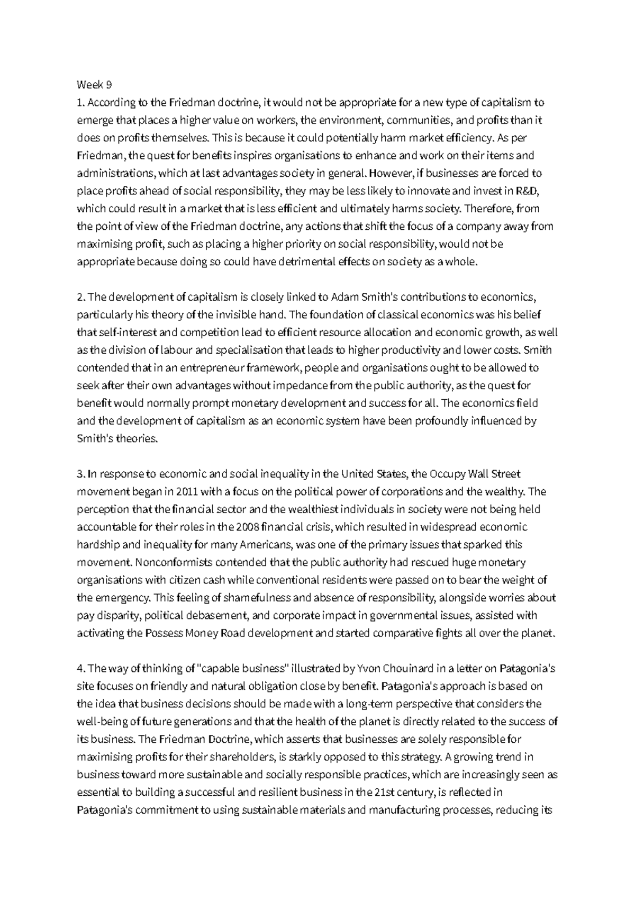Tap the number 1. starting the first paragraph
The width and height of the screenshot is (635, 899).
[80, 103]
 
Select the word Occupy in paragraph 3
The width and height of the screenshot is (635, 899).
[449, 474]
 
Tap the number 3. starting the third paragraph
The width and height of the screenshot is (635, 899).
[80, 474]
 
